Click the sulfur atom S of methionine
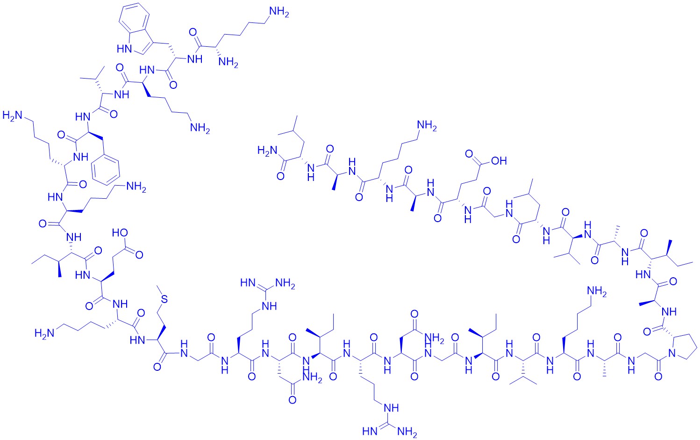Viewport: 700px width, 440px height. [164, 299]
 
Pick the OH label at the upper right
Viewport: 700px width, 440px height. [499, 161]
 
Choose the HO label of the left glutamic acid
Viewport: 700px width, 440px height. [120, 232]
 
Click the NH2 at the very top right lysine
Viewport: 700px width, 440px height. [279, 13]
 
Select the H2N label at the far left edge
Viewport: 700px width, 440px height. [13, 115]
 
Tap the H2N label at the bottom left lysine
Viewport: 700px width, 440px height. [45, 333]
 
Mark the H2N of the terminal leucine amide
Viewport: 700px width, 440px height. [267, 151]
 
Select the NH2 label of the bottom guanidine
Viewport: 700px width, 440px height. [407, 432]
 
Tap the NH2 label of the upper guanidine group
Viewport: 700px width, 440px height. [286, 284]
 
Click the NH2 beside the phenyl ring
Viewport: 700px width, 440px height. [136, 188]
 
